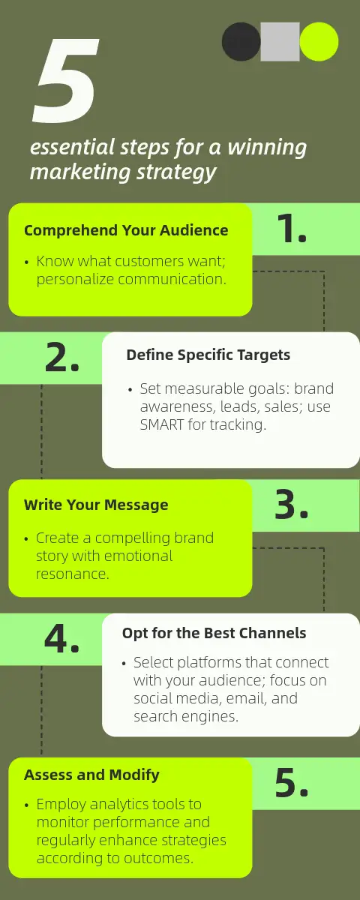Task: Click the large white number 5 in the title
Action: [x=65, y=80]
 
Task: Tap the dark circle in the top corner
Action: [x=241, y=41]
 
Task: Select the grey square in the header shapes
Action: [x=280, y=41]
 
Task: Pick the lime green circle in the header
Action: [x=319, y=41]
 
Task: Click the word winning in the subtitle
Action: [x=267, y=148]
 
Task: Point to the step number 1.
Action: [x=292, y=228]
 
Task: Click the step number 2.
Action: [x=62, y=357]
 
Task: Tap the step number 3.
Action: [x=292, y=504]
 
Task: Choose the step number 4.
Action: [x=61, y=639]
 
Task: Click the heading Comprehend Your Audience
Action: [x=126, y=231]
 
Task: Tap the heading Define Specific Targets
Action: [x=208, y=355]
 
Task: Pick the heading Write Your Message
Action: [x=96, y=505]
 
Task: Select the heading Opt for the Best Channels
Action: [x=214, y=633]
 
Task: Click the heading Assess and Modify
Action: [x=91, y=775]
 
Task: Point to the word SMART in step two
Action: [x=162, y=424]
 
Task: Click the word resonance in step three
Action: [x=72, y=574]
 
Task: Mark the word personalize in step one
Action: [x=75, y=279]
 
